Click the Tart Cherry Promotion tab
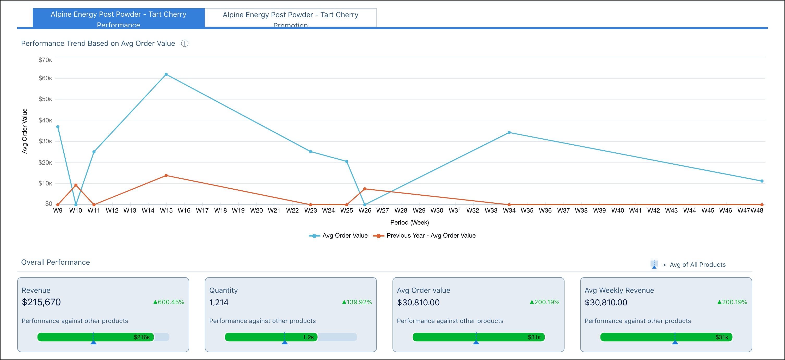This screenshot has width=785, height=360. pyautogui.click(x=290, y=18)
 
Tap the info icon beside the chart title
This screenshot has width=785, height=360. pyautogui.click(x=185, y=43)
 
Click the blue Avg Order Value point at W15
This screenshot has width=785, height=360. pyautogui.click(x=166, y=74)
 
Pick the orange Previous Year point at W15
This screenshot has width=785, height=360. pyautogui.click(x=166, y=175)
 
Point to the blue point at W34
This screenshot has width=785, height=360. pyautogui.click(x=509, y=133)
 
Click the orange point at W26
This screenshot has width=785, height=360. pyautogui.click(x=365, y=189)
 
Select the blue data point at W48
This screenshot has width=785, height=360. pyautogui.click(x=762, y=181)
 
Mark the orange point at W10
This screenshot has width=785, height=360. pyautogui.click(x=76, y=185)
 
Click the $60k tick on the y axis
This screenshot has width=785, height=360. pyautogui.click(x=45, y=78)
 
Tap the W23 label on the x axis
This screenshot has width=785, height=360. pyautogui.click(x=310, y=210)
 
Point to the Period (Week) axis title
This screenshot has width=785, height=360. pyautogui.click(x=409, y=222)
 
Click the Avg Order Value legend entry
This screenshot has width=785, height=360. pyautogui.click(x=345, y=235)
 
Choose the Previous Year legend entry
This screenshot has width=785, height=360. pyautogui.click(x=431, y=235)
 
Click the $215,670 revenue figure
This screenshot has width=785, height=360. pyautogui.click(x=41, y=302)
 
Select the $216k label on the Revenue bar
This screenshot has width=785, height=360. pyautogui.click(x=142, y=337)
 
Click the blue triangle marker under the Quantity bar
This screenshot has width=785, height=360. pyautogui.click(x=285, y=343)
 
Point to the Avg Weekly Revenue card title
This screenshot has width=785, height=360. pyautogui.click(x=619, y=290)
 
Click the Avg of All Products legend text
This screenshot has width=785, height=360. pyautogui.click(x=697, y=265)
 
